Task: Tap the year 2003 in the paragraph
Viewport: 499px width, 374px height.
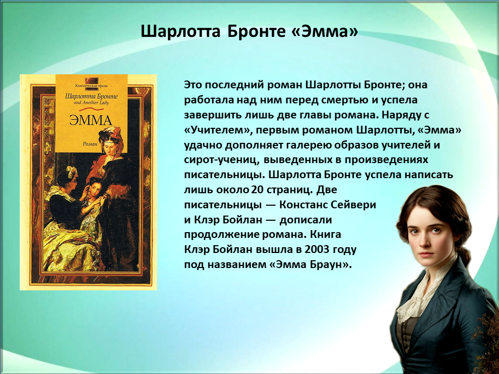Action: pos(317,249)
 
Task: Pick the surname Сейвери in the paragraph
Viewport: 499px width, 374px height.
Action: pos(353,205)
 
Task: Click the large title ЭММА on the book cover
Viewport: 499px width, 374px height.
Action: pos(90,121)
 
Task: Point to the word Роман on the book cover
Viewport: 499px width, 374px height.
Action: pos(90,144)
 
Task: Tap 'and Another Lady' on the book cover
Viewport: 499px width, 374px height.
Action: pos(91,103)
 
